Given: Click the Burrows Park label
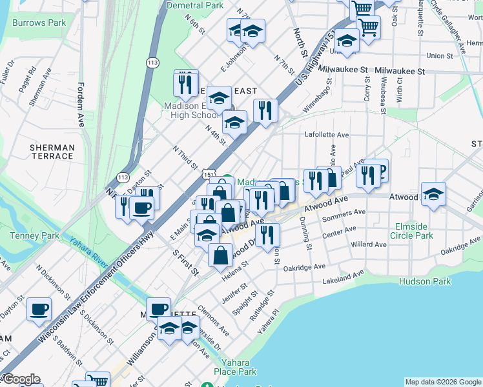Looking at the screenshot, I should (39, 23).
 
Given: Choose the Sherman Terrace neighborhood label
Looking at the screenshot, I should (52, 152).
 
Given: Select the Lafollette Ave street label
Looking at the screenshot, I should (327, 135).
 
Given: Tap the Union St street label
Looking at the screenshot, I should (439, 55).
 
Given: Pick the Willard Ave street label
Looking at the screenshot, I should (369, 244).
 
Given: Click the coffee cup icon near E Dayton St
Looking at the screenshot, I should (141, 208).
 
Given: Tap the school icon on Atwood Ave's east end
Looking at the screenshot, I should (433, 193).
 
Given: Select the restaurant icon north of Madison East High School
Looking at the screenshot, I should (185, 84).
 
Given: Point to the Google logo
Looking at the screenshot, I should (21, 379).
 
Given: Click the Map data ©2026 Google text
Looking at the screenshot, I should (442, 382).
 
